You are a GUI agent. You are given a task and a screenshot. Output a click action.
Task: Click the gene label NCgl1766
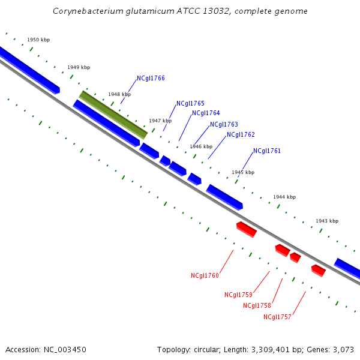(x=151, y=78)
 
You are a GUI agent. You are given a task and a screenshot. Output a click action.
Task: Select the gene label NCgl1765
(x=190, y=104)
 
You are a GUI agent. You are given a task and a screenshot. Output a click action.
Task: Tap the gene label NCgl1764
(x=206, y=113)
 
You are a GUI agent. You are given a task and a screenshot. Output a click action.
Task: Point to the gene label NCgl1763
(x=224, y=125)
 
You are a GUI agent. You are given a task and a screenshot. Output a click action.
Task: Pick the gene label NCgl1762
(x=241, y=135)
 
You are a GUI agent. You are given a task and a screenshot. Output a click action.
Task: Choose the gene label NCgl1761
(x=267, y=151)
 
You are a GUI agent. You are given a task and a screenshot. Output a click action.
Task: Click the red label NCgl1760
(x=205, y=276)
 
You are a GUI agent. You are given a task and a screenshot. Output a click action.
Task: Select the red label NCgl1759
(x=238, y=295)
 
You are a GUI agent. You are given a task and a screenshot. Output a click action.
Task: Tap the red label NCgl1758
(x=257, y=306)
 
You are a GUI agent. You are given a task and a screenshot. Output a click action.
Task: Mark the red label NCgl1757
(x=277, y=317)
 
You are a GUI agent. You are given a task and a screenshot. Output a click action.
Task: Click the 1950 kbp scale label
(x=38, y=40)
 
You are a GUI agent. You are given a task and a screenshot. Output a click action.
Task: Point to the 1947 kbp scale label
(x=160, y=121)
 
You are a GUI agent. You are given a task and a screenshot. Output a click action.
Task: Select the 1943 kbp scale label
(x=327, y=221)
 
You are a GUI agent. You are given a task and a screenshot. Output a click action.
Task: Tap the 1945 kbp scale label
(x=243, y=172)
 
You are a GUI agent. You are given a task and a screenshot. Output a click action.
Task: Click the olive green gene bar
(x=113, y=113)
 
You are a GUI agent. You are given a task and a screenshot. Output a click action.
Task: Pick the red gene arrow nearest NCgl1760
(x=247, y=229)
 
